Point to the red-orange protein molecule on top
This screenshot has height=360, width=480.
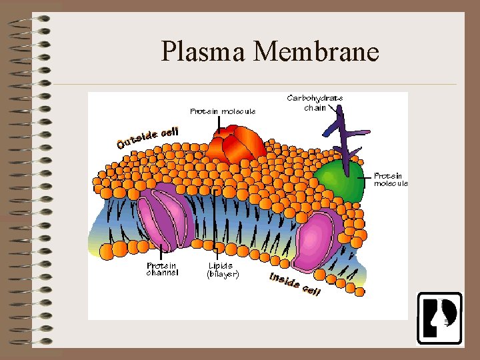(x=235, y=147)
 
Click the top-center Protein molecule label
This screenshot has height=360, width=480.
(x=223, y=111)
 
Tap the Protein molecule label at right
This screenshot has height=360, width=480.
(x=391, y=179)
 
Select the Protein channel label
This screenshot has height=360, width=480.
(x=162, y=269)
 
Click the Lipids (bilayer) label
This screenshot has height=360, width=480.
(x=223, y=269)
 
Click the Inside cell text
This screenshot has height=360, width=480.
(x=295, y=284)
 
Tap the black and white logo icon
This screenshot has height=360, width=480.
(x=439, y=318)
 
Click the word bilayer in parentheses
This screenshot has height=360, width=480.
(x=223, y=273)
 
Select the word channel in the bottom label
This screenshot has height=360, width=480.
(x=162, y=273)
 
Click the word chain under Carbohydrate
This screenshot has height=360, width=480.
(x=315, y=107)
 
